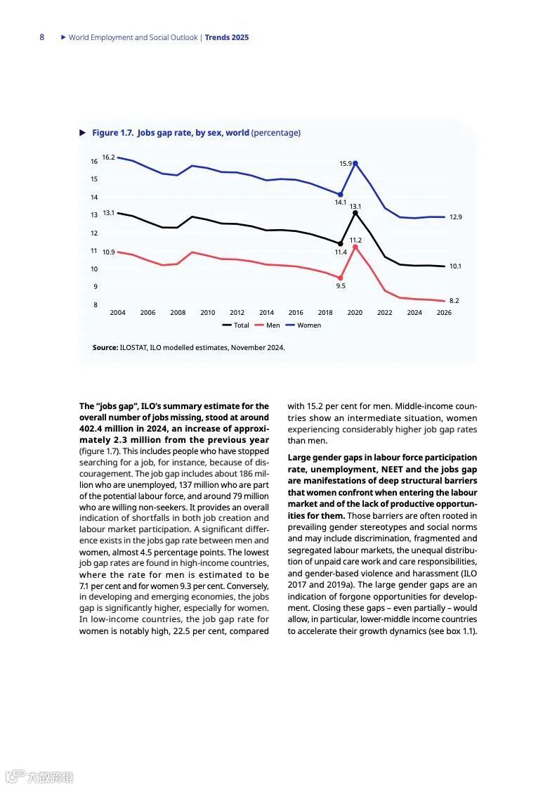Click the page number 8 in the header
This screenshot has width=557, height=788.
tap(41, 37)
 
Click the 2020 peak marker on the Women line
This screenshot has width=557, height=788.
tap(355, 163)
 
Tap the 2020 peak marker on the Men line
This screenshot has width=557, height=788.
tap(355, 247)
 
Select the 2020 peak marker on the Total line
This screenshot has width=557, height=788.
tap(355, 212)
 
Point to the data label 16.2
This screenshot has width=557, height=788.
tap(108, 157)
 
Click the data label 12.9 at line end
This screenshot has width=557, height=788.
tap(455, 217)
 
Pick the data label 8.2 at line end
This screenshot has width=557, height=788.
tap(454, 300)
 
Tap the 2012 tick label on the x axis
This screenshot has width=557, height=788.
tap(237, 313)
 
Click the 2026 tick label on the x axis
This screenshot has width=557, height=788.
tap(444, 313)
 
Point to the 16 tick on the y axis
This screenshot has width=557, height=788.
tap(93, 162)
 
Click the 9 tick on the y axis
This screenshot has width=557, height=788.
tap(95, 287)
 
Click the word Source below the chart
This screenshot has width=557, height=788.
tap(105, 347)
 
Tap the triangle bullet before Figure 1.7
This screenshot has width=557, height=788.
tap(84, 133)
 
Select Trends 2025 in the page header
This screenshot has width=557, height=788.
tap(226, 37)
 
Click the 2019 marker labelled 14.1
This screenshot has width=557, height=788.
tap(341, 195)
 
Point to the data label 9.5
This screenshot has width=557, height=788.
tap(341, 286)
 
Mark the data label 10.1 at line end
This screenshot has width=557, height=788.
tap(455, 266)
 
